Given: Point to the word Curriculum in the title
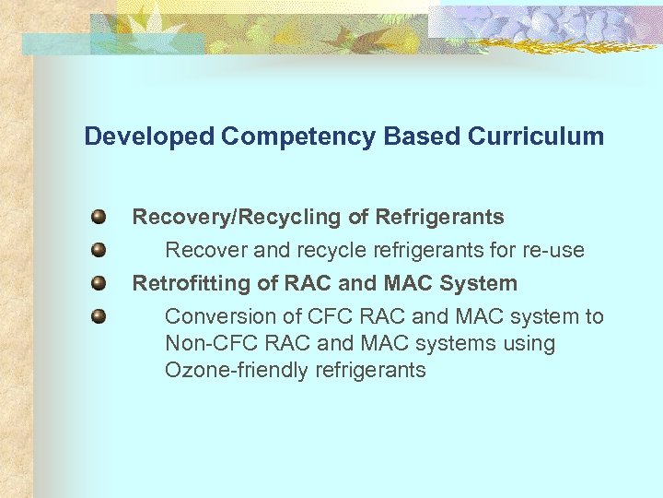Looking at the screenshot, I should (536, 136).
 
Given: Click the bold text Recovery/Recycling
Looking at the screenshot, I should (237, 218).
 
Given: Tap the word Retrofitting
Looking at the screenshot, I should (189, 283).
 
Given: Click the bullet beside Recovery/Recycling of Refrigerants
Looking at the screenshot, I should (99, 218).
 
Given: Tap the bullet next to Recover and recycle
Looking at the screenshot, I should (99, 250).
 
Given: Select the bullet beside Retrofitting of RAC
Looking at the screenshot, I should (99, 283).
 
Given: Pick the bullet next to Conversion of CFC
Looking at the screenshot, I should (99, 316).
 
